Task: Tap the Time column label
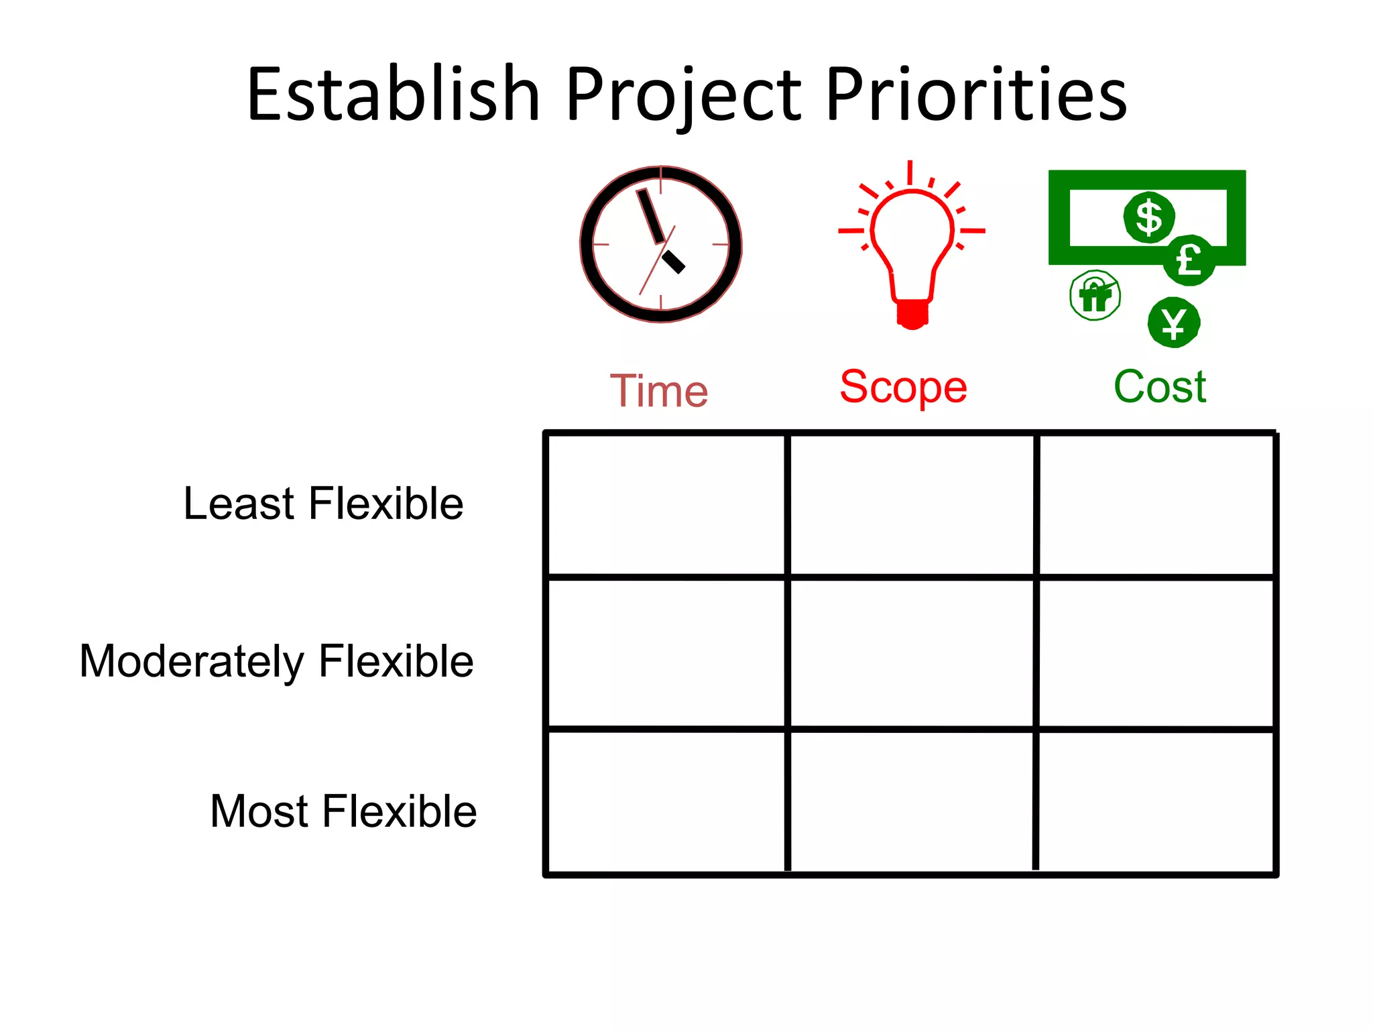[659, 391]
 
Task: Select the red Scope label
[903, 387]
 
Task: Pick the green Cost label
[1160, 387]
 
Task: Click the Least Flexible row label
[323, 504]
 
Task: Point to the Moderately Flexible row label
[276, 661]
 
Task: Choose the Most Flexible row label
[343, 811]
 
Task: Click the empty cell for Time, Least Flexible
[666, 505]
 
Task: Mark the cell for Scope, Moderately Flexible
[912, 653]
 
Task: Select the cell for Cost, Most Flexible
[1156, 802]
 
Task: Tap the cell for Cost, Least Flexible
[1156, 505]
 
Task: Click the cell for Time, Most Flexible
[666, 802]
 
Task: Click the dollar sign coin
[1149, 217]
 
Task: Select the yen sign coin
[1173, 323]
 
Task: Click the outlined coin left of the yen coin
[1095, 296]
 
